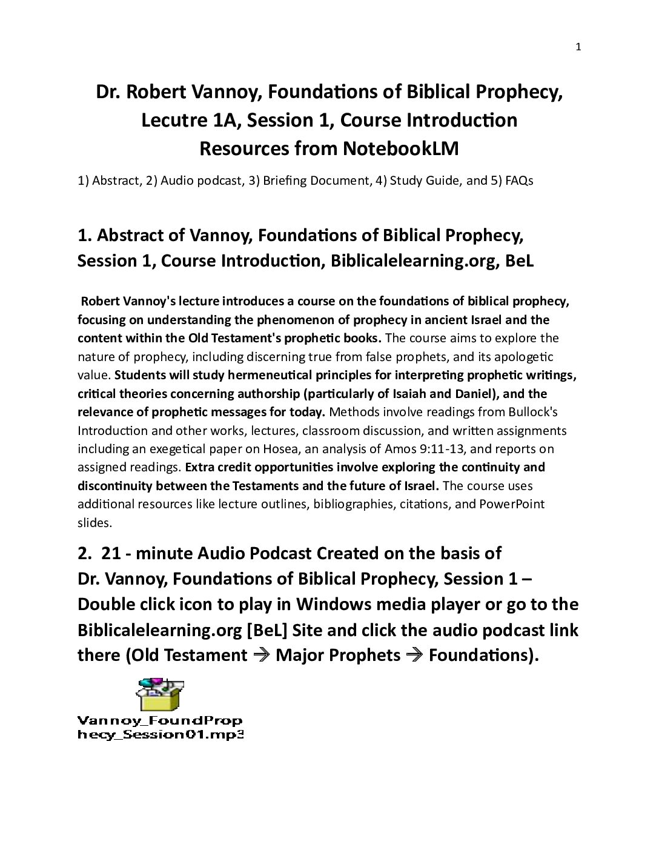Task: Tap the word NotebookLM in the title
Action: click(x=400, y=148)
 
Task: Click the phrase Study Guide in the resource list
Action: click(x=426, y=181)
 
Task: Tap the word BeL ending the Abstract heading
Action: click(x=520, y=261)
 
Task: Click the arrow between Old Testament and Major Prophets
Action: click(x=261, y=656)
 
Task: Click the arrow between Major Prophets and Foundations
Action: click(x=414, y=656)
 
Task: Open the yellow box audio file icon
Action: click(x=159, y=694)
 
